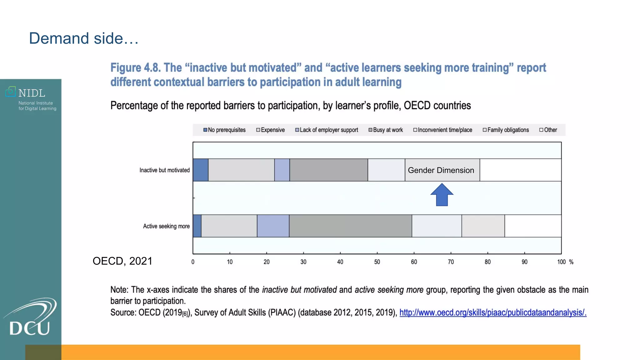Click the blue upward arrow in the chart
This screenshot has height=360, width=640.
tap(442, 195)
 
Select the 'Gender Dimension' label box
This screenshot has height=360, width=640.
tap(441, 170)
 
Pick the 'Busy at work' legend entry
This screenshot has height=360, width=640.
tap(386, 130)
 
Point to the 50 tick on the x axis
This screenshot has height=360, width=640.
tap(377, 262)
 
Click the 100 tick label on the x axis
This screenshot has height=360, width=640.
tap(561, 262)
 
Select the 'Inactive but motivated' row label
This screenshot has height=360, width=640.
tap(164, 170)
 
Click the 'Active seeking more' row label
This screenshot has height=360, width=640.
tap(166, 226)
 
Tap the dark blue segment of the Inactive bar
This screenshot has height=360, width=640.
tap(200, 170)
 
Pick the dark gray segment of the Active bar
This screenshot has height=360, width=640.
tap(350, 226)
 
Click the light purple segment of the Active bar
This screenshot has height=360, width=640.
tap(273, 226)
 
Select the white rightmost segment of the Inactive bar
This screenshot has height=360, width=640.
tap(520, 170)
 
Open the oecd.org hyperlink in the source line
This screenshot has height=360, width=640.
tap(493, 312)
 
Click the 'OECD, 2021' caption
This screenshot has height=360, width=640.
tap(122, 261)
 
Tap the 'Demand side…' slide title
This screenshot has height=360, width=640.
tap(84, 38)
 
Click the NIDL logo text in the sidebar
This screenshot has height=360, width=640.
tap(32, 93)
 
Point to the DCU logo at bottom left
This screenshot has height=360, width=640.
tap(30, 317)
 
